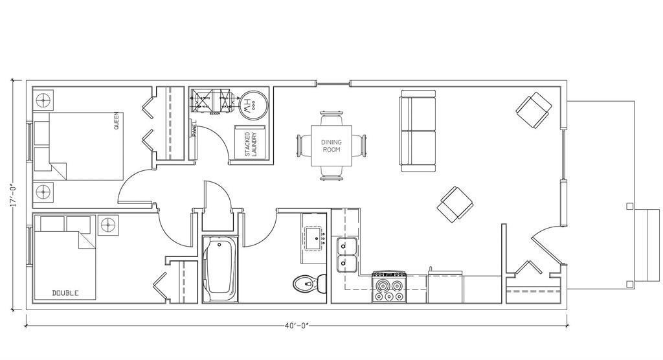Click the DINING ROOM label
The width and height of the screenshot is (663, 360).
(x=331, y=146)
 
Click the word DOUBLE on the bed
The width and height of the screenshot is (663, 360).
(x=65, y=293)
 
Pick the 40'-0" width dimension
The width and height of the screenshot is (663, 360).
(x=296, y=326)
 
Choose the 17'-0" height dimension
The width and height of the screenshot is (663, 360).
(x=12, y=194)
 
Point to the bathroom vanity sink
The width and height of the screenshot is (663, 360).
(x=317, y=238)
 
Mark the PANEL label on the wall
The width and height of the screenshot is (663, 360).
(x=194, y=130)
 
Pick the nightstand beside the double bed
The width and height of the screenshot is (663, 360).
(x=107, y=226)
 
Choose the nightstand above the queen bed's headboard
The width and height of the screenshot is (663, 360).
(x=43, y=101)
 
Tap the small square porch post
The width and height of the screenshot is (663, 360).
(x=630, y=207)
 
